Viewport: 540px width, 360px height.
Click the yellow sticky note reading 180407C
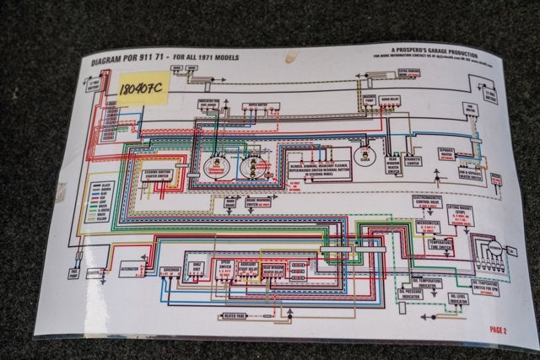pos(143,87)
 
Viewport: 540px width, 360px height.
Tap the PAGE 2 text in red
pos(499,330)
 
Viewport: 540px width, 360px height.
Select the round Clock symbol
pos(364,157)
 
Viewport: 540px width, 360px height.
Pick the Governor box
pos(168,271)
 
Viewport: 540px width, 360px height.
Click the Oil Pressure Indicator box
pos(410,294)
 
